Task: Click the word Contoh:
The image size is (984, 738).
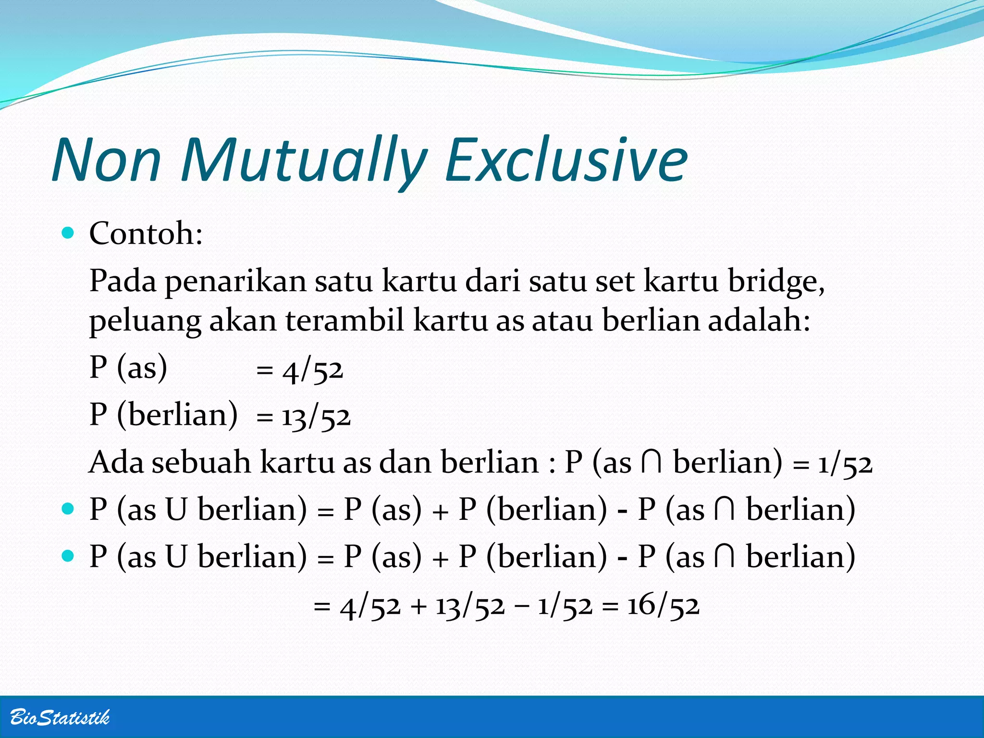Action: (x=146, y=234)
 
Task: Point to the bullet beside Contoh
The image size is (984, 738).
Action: (x=68, y=234)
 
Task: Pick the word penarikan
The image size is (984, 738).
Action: (x=236, y=282)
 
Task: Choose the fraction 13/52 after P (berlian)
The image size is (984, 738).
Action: (x=316, y=417)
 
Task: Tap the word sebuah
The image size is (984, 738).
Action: (x=201, y=463)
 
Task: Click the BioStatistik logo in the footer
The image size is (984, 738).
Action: (x=60, y=717)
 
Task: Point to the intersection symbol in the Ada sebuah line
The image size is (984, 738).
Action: (x=652, y=462)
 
